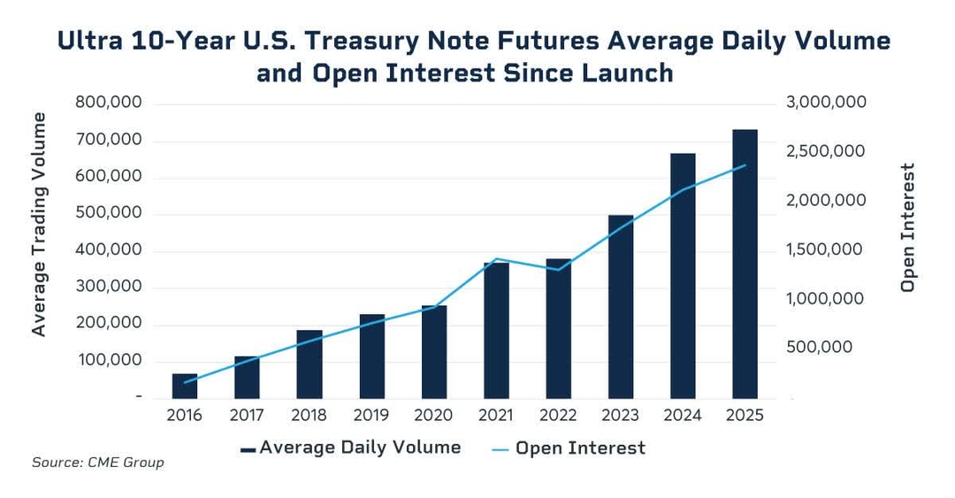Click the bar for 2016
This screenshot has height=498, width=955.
point(185,387)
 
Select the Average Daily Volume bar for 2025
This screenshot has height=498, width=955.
point(745,264)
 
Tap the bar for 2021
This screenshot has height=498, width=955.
point(496,331)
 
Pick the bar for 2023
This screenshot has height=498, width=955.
point(621,307)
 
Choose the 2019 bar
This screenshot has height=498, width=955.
point(371,356)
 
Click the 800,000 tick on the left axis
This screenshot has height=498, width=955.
point(109,103)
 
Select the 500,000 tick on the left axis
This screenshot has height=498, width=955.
point(109,214)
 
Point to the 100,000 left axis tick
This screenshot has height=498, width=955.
point(109,361)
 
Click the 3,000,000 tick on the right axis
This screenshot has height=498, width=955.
point(826,103)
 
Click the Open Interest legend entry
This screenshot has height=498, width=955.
point(569,448)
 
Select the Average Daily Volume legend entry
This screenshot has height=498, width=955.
point(350,448)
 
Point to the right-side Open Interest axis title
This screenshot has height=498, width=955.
point(907,227)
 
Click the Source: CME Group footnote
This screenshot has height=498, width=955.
point(97,463)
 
